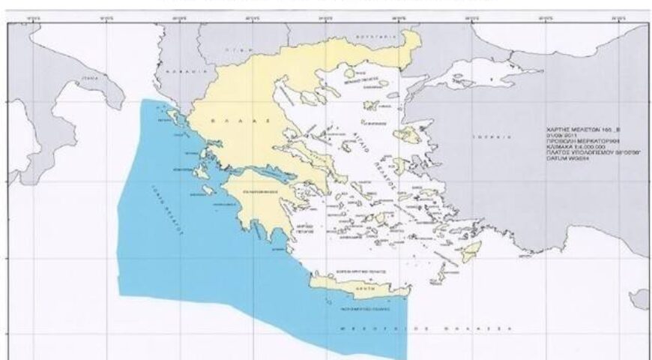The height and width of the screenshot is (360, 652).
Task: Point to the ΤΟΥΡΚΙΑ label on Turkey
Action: pyautogui.click(x=478, y=137)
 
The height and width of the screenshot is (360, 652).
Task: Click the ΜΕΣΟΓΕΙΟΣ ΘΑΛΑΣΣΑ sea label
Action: pyautogui.click(x=456, y=328)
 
